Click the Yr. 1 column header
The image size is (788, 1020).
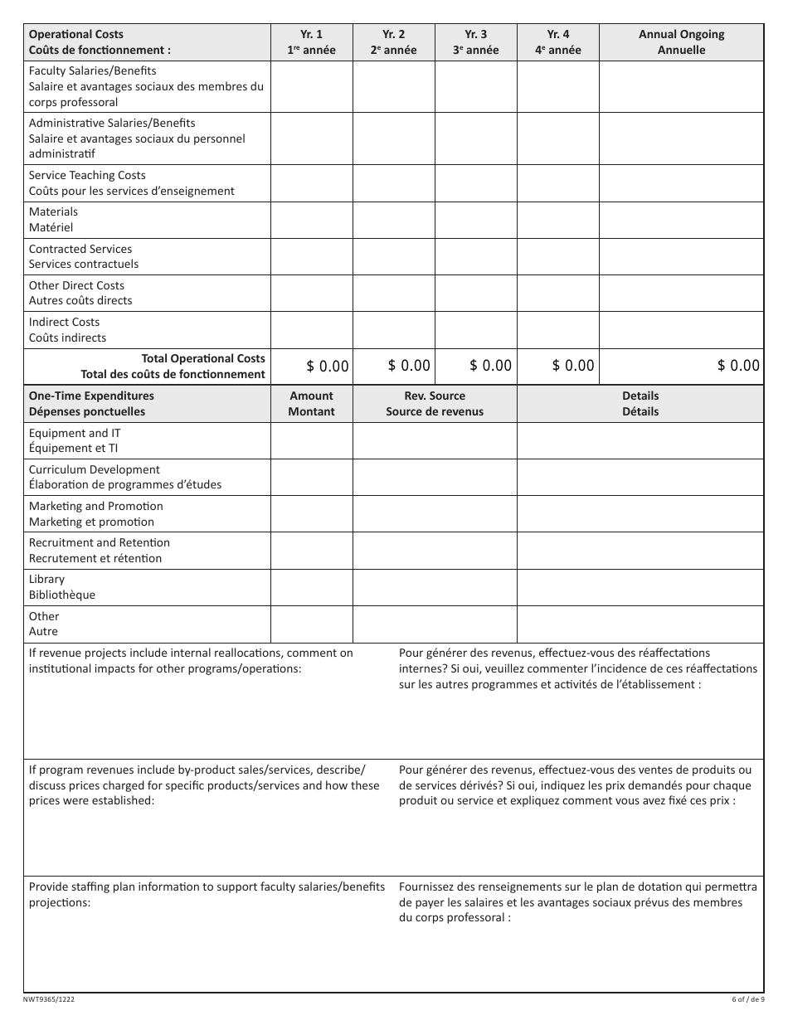tap(312, 42)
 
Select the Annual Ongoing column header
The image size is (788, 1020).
tap(681, 42)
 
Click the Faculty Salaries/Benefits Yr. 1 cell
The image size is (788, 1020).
tap(312, 86)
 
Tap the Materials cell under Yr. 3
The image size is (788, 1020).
tap(476, 220)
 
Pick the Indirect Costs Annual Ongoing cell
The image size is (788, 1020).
tap(681, 330)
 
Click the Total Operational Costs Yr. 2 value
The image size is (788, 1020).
tap(409, 366)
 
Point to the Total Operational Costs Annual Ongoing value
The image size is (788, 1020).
tap(738, 366)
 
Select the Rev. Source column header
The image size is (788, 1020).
tap(435, 404)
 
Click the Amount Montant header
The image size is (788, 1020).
tap(312, 404)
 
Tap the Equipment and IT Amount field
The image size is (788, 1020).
tap(312, 440)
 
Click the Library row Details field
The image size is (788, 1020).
tap(640, 587)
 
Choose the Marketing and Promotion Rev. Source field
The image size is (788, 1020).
tap(435, 514)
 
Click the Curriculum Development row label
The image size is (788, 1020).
tap(125, 477)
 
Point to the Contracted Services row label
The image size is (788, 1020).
tap(84, 256)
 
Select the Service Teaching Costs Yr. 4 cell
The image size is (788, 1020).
tap(558, 183)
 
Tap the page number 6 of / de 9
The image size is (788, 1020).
tap(747, 999)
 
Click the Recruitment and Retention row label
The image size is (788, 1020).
tap(99, 551)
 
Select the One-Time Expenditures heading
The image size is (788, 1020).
tap(91, 404)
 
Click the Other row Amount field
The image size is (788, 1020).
tap(312, 624)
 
